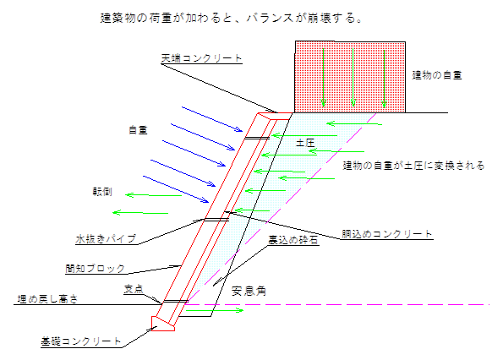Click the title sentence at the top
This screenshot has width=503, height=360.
coord(232,18)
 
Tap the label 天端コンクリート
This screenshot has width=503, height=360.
coord(201,58)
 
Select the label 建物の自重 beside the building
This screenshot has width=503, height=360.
coord(437,75)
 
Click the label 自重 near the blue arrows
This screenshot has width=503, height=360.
coord(138,130)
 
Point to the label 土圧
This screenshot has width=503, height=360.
coord(305,143)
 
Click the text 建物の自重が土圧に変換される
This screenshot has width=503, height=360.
coord(413,166)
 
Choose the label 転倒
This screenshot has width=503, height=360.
coord(102,192)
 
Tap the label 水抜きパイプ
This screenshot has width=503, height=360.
coord(106,239)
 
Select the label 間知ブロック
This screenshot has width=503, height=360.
coord(96,269)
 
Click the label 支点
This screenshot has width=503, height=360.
coord(134,289)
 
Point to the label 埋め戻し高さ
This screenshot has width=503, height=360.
coord(47,299)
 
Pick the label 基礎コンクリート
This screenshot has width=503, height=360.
coord(81,341)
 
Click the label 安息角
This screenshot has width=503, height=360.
coord(249,291)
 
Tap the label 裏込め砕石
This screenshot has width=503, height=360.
coord(293,240)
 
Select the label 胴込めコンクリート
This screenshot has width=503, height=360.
coord(386,234)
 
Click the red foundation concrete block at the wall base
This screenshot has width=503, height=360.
coord(163,324)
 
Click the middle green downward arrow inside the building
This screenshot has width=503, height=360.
coord(353,77)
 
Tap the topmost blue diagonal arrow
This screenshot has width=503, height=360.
coord(212,119)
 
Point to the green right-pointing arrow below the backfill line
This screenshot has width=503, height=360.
coord(215,310)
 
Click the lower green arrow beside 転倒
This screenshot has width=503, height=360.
coord(140,213)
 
